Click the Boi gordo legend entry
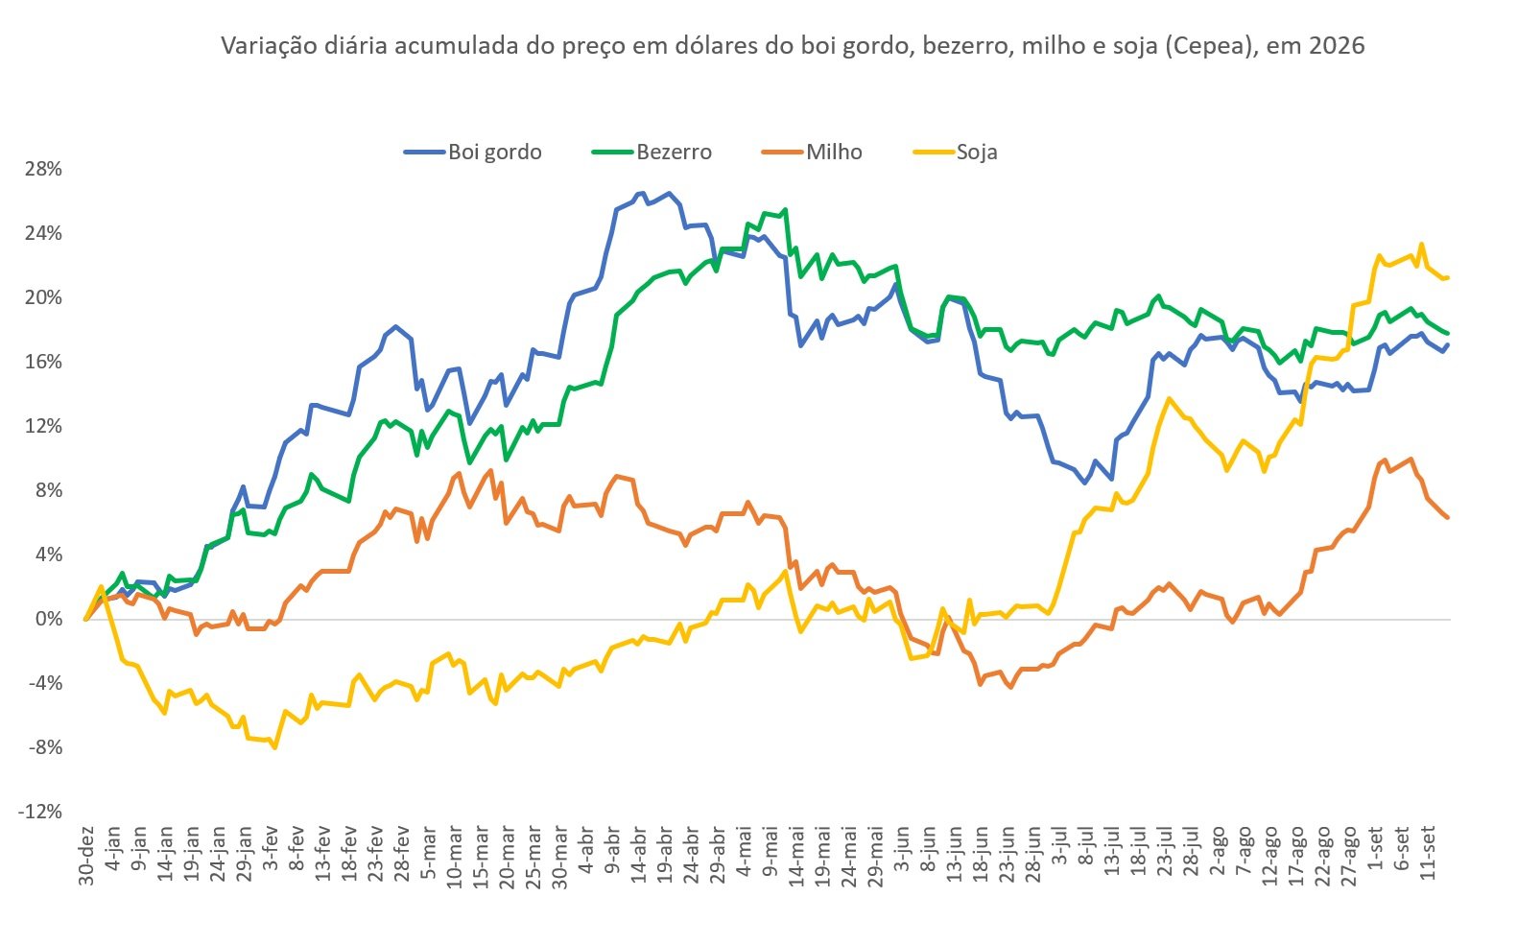[x=473, y=152]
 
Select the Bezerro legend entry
[x=652, y=152]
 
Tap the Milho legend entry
[x=812, y=152]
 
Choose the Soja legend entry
[x=955, y=152]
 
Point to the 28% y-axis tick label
[x=43, y=169]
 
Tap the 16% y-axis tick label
[x=43, y=362]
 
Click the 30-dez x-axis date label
[x=86, y=856]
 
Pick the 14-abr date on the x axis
[x=639, y=853]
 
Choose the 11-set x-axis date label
[x=1428, y=852]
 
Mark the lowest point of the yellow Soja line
[x=275, y=747]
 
